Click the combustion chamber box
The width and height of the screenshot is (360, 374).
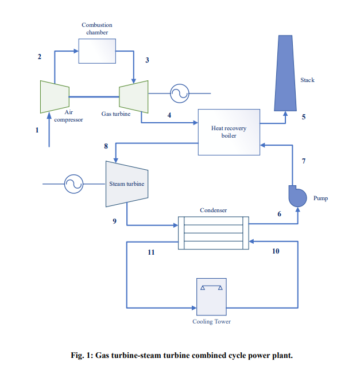97,51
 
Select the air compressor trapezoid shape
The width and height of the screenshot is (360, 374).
55,96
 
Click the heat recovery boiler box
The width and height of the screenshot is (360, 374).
229,132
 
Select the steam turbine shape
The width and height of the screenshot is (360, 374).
126,184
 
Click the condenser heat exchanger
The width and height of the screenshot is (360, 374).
213,233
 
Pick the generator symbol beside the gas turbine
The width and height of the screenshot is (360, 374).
179,93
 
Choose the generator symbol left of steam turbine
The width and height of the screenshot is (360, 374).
73,184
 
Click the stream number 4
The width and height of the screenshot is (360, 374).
169,115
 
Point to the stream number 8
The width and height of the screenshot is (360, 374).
106,146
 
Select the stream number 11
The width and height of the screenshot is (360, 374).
151,252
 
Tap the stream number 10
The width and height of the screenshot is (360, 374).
276,251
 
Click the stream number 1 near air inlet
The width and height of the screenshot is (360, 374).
37,130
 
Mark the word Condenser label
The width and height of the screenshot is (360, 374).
213,211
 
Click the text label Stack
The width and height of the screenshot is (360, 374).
307,80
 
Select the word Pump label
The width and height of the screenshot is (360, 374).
320,198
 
